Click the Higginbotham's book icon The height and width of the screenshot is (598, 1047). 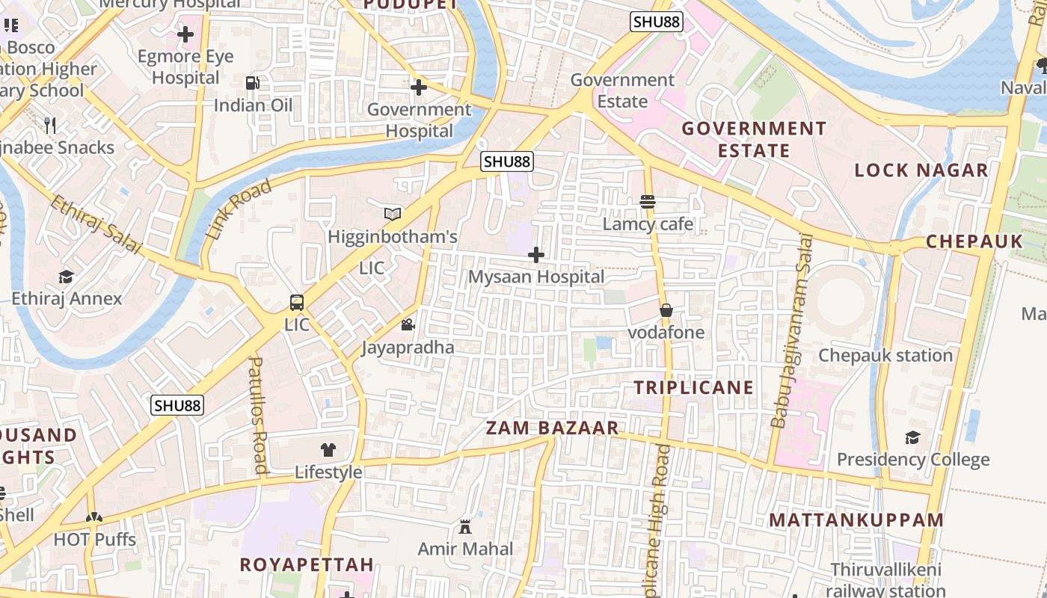(x=393, y=215)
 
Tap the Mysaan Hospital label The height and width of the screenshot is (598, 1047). (x=536, y=277)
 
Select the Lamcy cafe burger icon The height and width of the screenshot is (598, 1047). (x=648, y=202)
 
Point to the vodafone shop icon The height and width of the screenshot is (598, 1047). (x=666, y=310)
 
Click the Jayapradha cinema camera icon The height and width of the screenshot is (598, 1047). (x=408, y=325)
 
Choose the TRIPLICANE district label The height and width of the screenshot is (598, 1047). (x=694, y=387)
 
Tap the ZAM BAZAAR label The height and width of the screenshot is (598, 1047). (x=553, y=428)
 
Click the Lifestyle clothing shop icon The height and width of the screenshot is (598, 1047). (x=328, y=449)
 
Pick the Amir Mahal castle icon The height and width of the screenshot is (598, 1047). (x=465, y=527)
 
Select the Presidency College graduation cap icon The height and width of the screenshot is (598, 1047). (x=912, y=437)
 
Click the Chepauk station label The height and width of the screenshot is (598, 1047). (x=885, y=355)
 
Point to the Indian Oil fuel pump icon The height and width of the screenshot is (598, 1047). (x=253, y=83)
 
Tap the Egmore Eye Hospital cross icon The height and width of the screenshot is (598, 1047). (x=185, y=34)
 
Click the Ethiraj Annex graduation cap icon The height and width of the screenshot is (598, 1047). (x=66, y=277)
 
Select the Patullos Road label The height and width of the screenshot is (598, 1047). (x=258, y=415)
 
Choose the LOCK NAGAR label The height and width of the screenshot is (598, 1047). (x=921, y=170)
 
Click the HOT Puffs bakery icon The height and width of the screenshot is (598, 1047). (x=94, y=517)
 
